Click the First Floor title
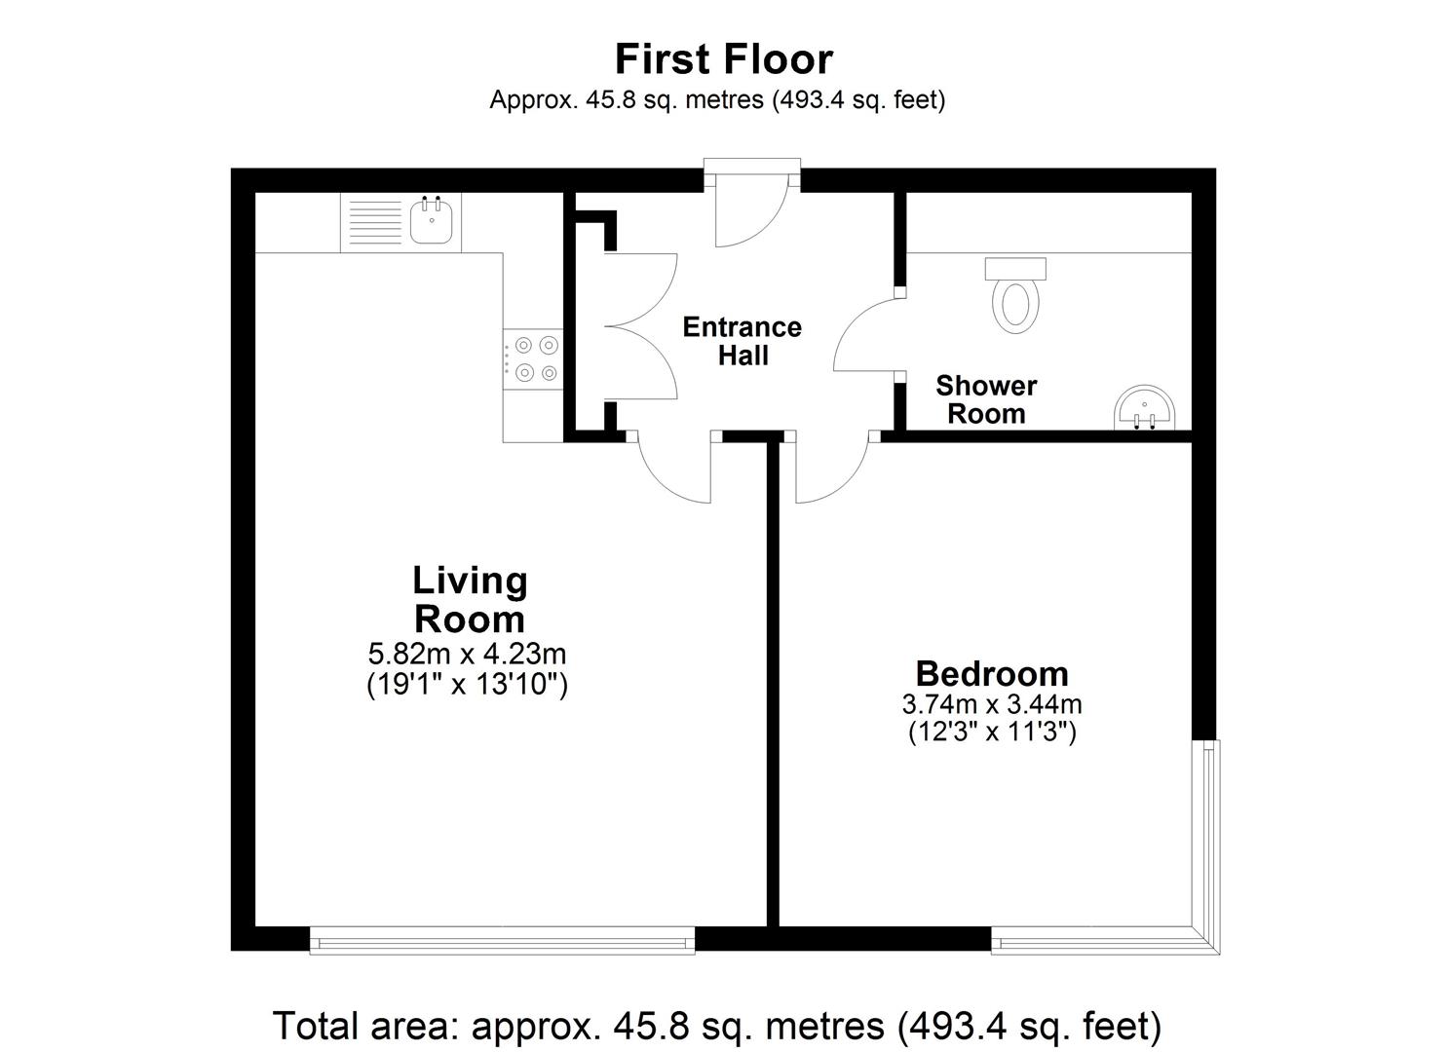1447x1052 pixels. click(723, 59)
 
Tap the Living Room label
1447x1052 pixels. click(470, 599)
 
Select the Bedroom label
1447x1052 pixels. click(992, 673)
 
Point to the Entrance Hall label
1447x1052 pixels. click(743, 341)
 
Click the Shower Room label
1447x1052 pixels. click(986, 399)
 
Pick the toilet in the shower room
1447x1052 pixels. click(1015, 296)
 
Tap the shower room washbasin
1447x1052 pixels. click(1144, 408)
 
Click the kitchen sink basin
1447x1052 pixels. click(432, 220)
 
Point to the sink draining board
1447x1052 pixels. click(375, 222)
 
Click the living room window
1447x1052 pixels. click(502, 941)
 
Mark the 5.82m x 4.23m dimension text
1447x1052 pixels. click(467, 655)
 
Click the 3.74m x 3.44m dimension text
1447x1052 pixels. click(992, 704)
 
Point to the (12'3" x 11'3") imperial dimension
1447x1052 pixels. click(992, 733)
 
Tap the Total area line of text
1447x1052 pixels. click(717, 1026)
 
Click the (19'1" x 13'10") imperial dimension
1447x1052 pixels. click(467, 684)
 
